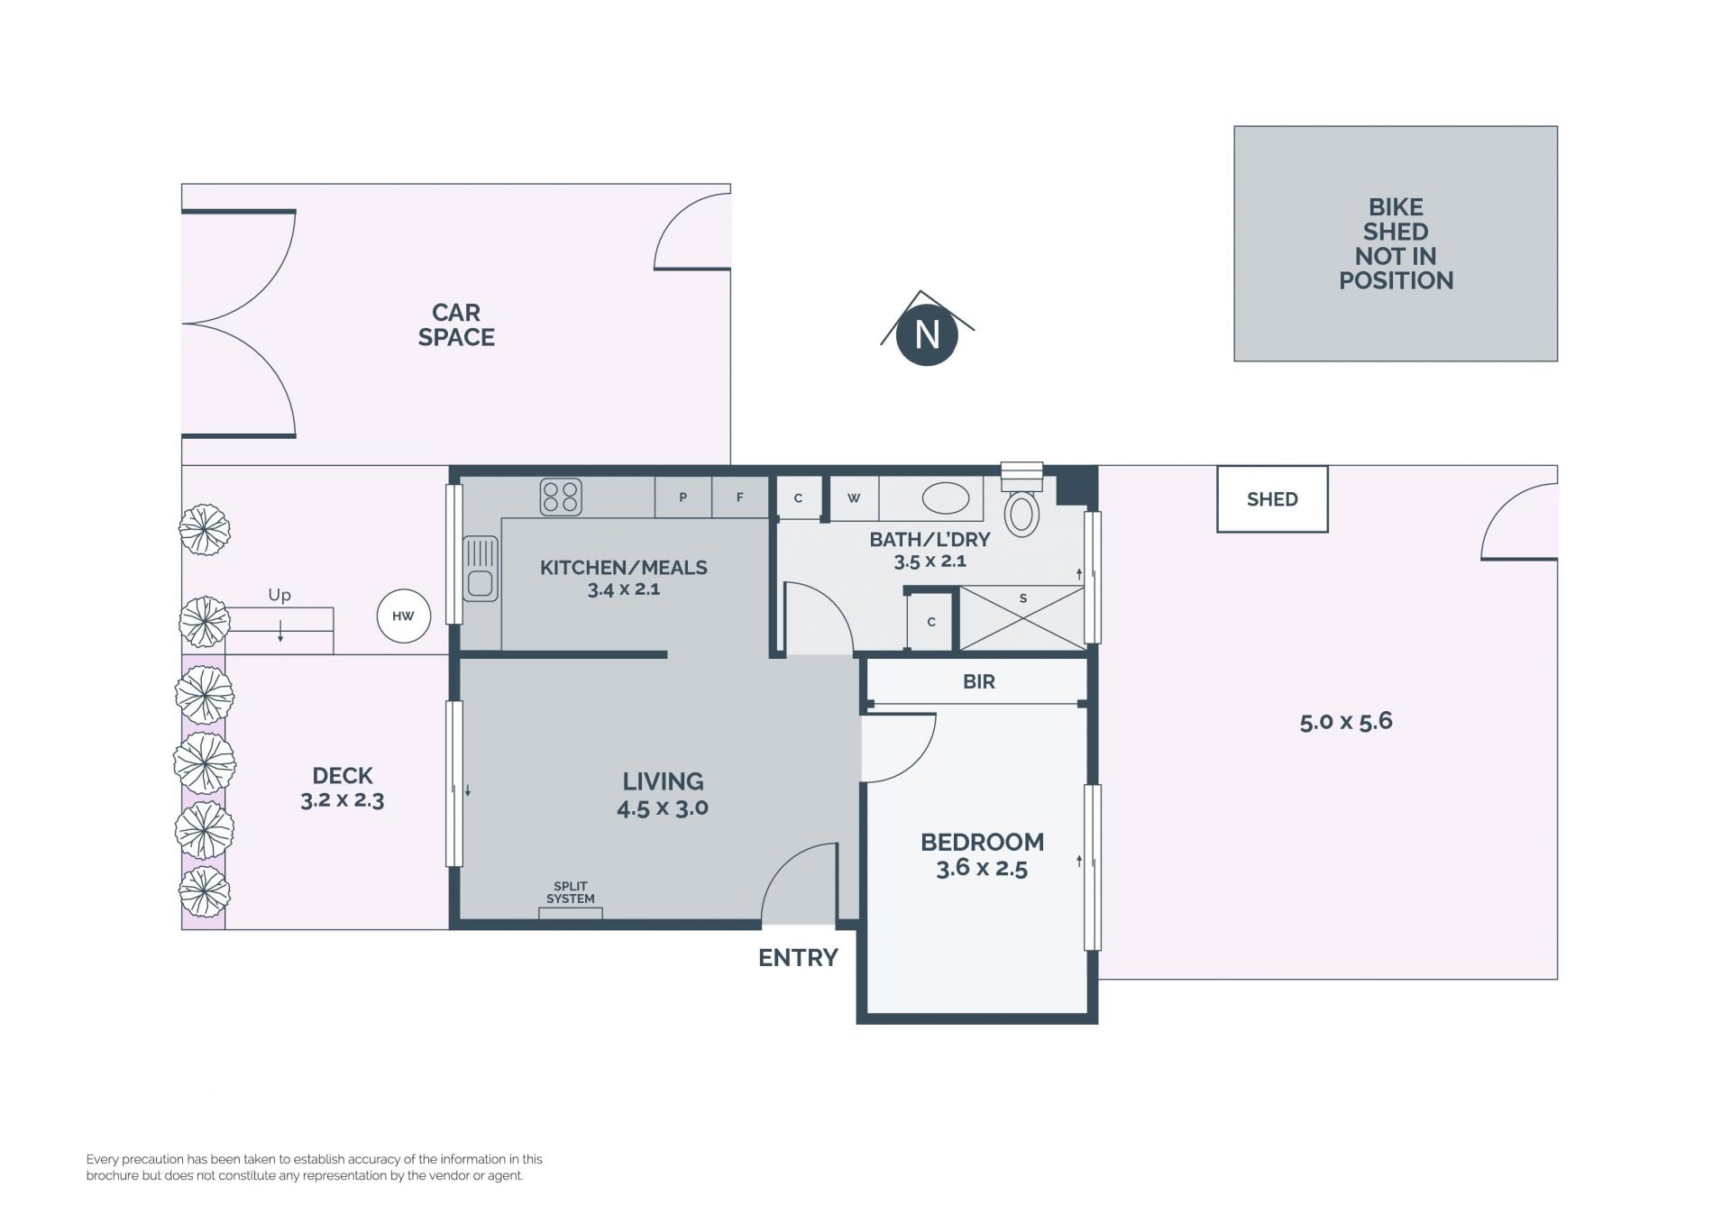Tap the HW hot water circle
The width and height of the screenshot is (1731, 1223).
[403, 616]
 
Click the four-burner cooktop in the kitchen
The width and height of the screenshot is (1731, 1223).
[560, 497]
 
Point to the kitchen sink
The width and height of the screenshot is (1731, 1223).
[481, 569]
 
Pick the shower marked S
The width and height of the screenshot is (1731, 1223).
[1021, 617]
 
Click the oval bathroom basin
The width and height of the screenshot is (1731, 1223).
[945, 497]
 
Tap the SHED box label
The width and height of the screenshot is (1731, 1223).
[1272, 499]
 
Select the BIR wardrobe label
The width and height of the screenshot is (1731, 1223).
[979, 682]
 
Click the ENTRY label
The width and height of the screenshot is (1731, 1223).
[798, 958]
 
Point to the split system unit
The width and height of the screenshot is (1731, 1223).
[571, 913]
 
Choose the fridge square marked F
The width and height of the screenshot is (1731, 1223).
[740, 497]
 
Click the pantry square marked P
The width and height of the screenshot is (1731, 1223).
[682, 497]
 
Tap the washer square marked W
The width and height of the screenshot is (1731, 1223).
[854, 498]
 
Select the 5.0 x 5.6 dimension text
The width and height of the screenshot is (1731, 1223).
[1346, 721]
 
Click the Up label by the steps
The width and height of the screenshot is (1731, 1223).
[279, 595]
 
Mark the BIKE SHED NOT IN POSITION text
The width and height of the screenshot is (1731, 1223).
[1396, 244]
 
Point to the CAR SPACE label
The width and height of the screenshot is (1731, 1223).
[456, 324]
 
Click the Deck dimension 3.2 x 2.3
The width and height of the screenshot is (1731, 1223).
[343, 800]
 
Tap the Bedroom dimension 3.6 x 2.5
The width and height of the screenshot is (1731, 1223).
[982, 868]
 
